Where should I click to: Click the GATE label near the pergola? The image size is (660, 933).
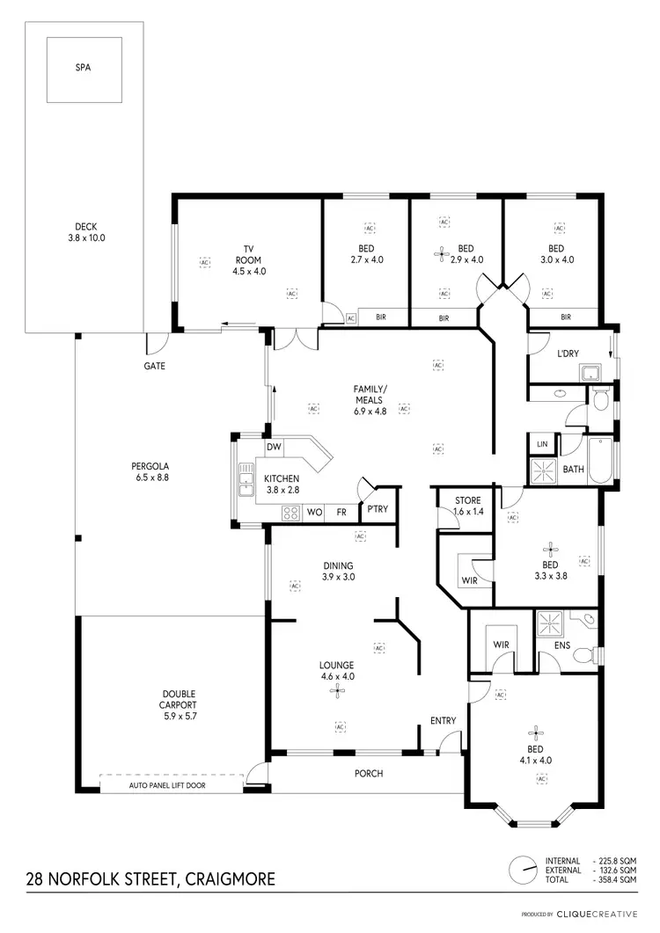[x=154, y=366]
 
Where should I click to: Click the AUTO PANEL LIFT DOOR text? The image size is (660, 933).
[x=167, y=785]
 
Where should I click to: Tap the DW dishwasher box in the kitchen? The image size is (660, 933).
[x=274, y=448]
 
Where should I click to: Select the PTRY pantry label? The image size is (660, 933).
[x=378, y=510]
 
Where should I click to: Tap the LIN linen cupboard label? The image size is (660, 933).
[x=541, y=445]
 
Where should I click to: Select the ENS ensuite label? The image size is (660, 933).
[x=562, y=645]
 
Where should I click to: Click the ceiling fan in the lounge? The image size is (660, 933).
[x=338, y=692]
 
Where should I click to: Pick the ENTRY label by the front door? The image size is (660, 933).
[x=443, y=721]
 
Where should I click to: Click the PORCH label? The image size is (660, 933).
[x=368, y=774]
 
